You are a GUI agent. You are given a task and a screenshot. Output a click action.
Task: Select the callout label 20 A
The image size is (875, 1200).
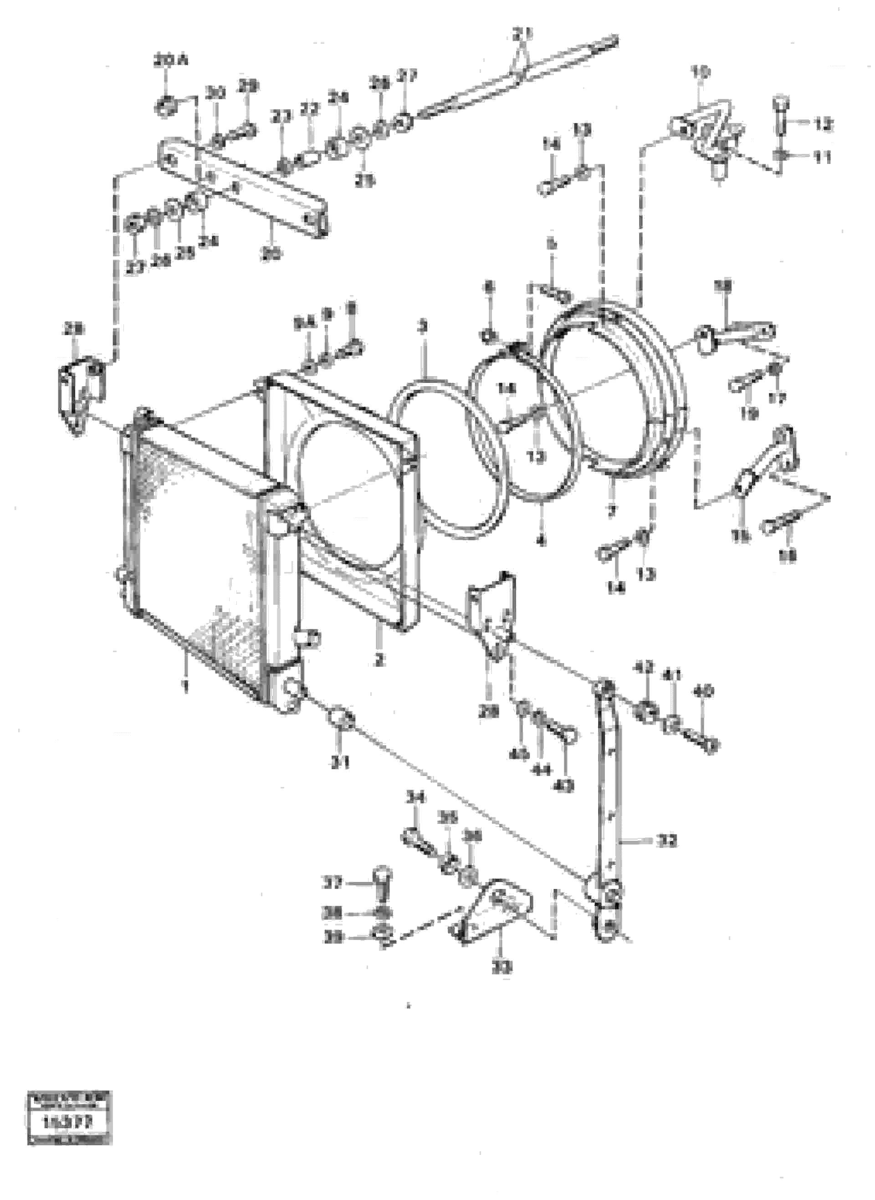(x=170, y=61)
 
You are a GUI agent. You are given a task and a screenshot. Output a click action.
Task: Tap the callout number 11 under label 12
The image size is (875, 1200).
(x=823, y=157)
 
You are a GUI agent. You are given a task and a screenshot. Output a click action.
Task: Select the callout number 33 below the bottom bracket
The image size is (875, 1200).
(x=501, y=968)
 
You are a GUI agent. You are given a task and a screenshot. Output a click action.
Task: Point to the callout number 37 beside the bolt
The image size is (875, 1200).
(x=333, y=883)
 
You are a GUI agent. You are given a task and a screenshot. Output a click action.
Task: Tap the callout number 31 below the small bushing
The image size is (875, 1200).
(x=340, y=763)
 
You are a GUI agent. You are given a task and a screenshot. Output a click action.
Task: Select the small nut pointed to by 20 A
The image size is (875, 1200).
(x=165, y=107)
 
